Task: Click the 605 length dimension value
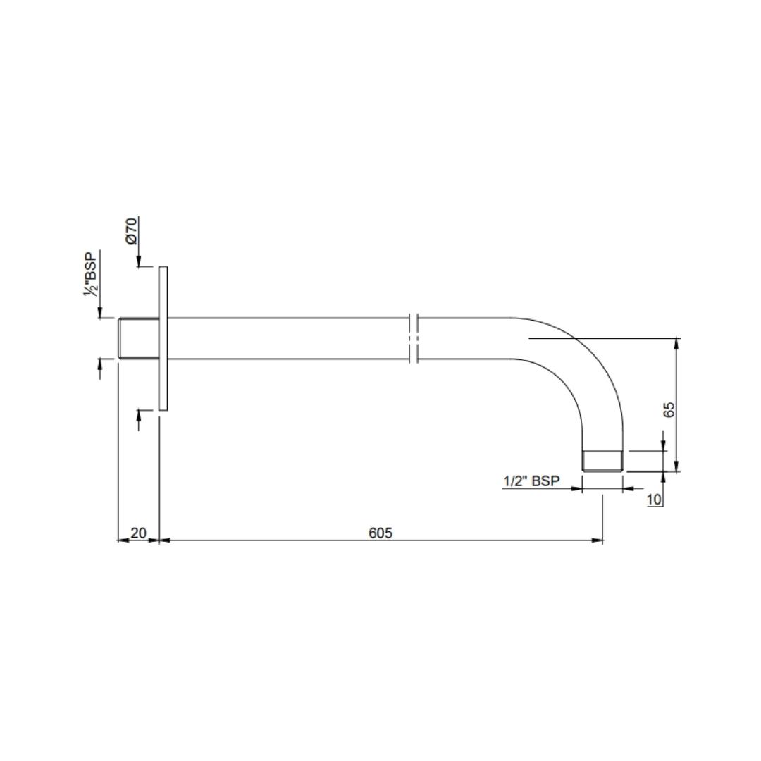[380, 533]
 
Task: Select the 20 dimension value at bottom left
[138, 533]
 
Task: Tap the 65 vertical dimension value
[669, 409]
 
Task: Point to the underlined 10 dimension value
[654, 500]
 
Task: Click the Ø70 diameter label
[132, 230]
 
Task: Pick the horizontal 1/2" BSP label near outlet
[531, 481]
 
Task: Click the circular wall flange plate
[163, 338]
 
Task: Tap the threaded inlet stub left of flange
[138, 339]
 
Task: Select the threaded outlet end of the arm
[602, 461]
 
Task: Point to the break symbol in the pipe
[414, 339]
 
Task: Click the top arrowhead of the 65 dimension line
[676, 343]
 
